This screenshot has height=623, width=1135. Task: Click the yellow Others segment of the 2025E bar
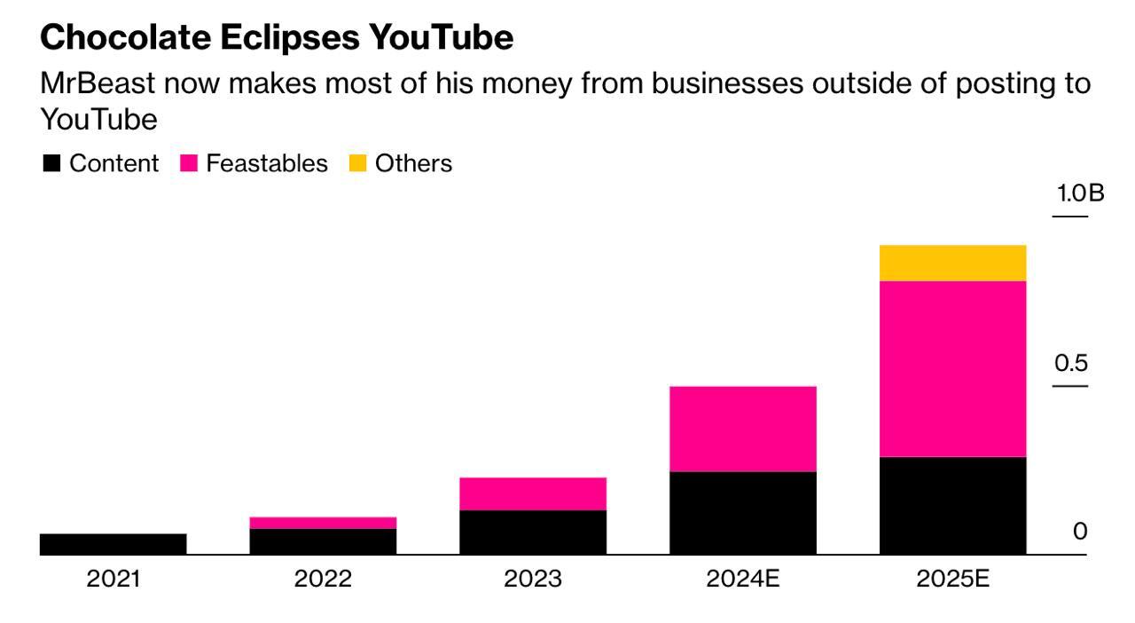952,263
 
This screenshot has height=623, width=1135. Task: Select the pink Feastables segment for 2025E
952,368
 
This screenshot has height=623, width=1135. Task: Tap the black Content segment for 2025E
952,506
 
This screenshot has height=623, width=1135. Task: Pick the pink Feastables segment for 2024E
742,429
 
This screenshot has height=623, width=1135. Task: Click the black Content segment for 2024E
742,513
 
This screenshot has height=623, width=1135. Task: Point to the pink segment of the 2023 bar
532,493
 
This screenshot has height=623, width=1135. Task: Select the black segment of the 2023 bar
532,532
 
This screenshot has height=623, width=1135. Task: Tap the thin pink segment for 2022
323,523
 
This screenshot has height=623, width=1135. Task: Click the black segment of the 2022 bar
323,541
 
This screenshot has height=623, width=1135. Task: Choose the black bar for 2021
113,544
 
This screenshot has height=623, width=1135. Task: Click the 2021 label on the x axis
113,580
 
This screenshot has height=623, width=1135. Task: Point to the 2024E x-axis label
742,580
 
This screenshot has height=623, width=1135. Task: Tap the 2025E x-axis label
952,580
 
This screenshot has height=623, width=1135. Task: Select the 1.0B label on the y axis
1079,193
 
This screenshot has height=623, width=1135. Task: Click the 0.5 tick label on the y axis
1070,363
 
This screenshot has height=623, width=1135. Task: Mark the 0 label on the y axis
1079,532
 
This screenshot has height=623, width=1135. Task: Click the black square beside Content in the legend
52,164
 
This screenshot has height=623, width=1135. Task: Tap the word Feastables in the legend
266,164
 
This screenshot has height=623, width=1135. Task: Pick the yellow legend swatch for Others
358,164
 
